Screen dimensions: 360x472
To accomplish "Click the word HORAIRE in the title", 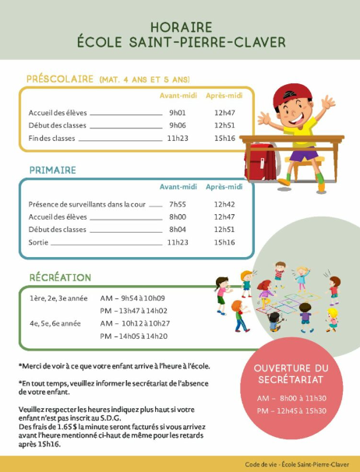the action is (180, 26).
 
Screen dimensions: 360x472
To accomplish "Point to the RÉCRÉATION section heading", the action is (60, 277).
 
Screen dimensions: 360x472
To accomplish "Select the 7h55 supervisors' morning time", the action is (178, 204).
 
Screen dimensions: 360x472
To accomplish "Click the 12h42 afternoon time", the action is (224, 204).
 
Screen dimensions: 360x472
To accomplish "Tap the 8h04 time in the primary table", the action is (178, 230).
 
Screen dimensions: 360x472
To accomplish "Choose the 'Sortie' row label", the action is (38, 242).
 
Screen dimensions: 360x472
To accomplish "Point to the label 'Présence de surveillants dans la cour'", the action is (86, 204).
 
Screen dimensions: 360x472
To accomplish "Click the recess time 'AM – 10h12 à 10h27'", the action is (135, 323).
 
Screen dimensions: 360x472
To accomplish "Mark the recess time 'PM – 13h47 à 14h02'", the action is (134, 310).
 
